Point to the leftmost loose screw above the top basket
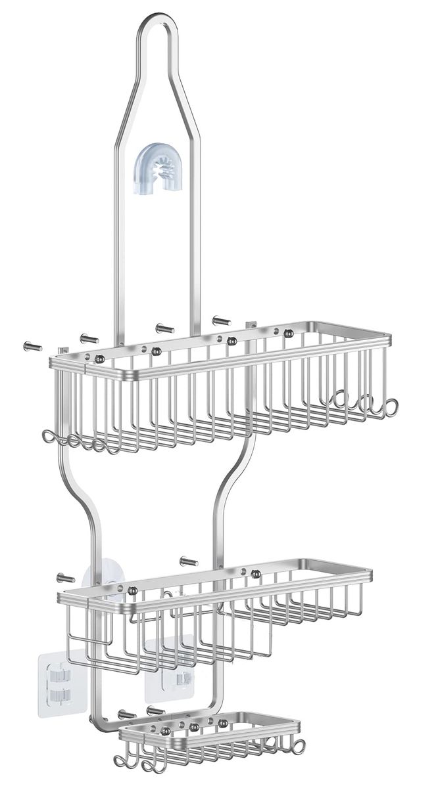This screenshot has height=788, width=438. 30,346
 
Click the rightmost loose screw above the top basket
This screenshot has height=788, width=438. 220,320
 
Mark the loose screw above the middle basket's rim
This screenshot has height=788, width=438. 188,561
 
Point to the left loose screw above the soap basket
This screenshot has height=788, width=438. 126,714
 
